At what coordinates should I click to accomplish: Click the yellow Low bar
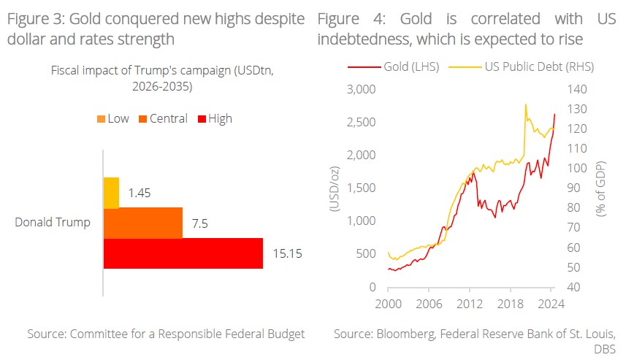111,192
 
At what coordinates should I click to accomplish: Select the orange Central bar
143,223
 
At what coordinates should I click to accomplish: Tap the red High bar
183,253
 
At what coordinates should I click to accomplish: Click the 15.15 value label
286,254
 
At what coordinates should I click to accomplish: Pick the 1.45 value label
139,193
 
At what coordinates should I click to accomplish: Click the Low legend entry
112,118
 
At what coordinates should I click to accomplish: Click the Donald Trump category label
53,223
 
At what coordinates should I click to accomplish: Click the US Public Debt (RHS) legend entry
532,67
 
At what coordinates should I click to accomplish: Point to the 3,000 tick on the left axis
360,89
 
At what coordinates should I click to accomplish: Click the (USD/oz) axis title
335,188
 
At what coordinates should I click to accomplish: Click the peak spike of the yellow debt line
526,104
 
